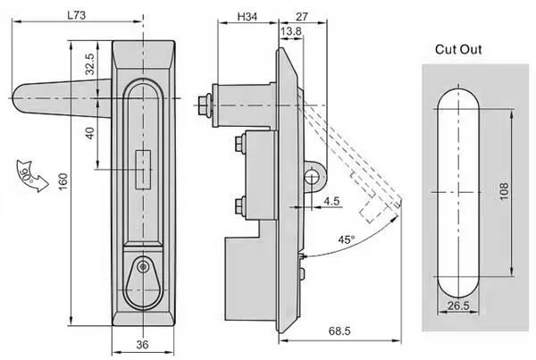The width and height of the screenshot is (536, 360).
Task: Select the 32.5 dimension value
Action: coord(89,63)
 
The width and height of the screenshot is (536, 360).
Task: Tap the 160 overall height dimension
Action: coord(63,184)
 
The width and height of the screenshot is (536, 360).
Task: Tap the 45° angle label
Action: coord(347,239)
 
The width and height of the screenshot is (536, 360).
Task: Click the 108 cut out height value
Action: coord(520,190)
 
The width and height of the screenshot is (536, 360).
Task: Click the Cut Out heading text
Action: coord(458,49)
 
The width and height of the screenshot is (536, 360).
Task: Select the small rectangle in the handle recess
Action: coord(142,169)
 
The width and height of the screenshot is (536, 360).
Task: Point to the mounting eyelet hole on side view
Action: coord(311,177)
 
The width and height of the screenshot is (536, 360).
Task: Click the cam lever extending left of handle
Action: coord(54,93)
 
